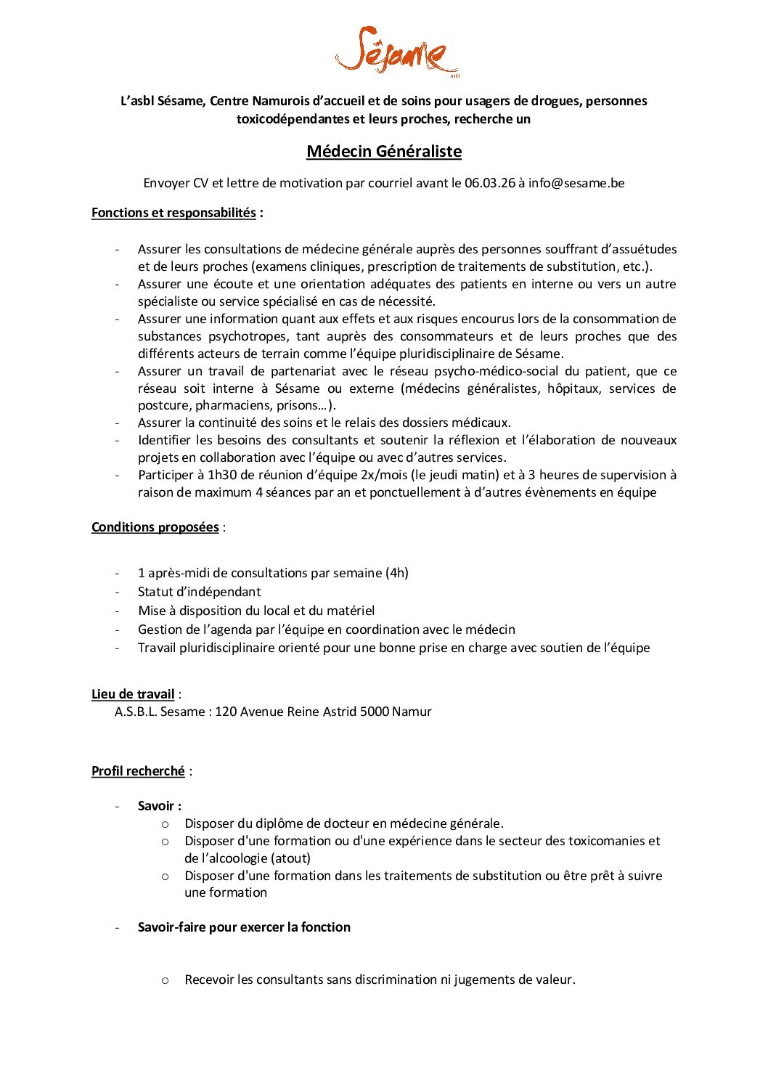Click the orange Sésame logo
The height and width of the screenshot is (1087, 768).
[396, 51]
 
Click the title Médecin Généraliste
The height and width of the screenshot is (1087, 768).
[383, 151]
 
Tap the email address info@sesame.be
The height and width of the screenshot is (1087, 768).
[576, 183]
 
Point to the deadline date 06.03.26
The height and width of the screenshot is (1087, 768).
[489, 183]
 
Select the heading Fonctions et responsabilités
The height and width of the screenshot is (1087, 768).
[173, 213]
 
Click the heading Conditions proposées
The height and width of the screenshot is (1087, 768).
[155, 527]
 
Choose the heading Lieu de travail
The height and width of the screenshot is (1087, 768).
[133, 694]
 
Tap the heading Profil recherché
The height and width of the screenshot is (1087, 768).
[138, 771]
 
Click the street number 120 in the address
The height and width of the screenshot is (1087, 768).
[226, 712]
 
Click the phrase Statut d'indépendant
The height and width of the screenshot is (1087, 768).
[199, 592]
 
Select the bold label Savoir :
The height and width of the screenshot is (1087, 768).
[160, 806]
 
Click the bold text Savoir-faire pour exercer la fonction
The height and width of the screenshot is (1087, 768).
[244, 927]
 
